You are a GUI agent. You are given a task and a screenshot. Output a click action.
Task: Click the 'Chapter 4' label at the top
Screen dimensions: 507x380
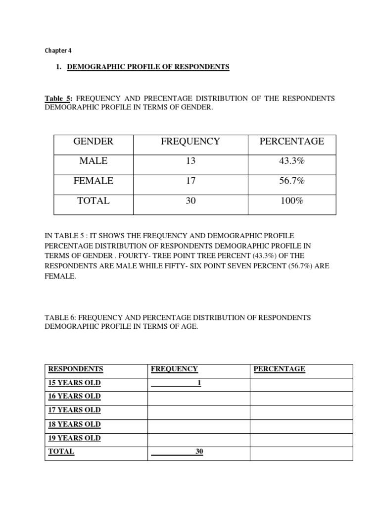pos(58,51)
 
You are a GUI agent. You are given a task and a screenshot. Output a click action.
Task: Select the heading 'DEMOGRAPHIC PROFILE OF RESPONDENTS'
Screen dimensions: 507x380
pos(148,67)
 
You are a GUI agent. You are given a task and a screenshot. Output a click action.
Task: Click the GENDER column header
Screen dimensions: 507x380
pos(93,142)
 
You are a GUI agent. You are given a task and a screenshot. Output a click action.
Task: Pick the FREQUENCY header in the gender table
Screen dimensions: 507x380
pos(190,142)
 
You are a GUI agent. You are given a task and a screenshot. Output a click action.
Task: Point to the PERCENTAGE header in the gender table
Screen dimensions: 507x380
pos(292,142)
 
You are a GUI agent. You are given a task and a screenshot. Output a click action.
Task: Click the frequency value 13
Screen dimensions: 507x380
pos(190,161)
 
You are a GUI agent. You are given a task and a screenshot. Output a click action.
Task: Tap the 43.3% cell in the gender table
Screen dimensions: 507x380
pos(291,161)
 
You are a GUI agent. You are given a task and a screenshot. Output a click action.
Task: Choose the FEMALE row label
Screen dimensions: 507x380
pos(93,181)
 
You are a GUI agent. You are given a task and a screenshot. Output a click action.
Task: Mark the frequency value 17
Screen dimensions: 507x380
pos(190,181)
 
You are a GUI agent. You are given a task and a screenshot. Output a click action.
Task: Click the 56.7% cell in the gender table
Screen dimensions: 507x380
pos(291,181)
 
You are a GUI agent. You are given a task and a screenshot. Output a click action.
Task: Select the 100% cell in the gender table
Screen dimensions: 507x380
pos(291,201)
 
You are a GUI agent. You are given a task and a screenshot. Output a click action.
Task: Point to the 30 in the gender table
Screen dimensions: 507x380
pos(190,201)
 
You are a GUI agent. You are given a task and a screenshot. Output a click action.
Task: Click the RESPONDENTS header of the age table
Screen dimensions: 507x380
pos(76,369)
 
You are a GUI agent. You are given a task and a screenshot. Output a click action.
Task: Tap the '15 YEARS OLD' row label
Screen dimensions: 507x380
pos(74,383)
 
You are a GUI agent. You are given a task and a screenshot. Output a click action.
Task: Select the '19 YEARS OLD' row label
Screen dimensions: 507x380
pos(74,438)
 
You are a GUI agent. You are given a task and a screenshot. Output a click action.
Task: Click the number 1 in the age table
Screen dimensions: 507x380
pos(199,383)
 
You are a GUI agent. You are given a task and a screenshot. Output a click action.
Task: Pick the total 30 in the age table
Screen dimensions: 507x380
pos(199,452)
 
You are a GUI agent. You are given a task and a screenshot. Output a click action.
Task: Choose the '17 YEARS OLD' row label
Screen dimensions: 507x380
pos(74,410)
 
